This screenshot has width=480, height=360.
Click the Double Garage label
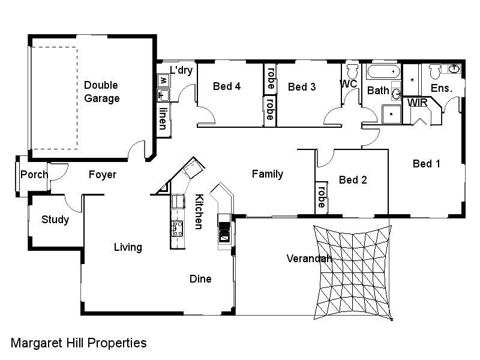[x=101, y=92]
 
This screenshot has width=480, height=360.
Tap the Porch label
[x=34, y=175]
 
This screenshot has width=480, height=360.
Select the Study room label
[x=55, y=220]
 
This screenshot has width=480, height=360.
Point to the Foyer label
[x=102, y=175]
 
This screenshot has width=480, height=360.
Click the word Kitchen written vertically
[x=198, y=212]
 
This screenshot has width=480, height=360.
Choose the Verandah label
[x=309, y=259]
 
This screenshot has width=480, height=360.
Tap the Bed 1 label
[x=426, y=163]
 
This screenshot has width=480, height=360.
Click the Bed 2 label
[x=353, y=179]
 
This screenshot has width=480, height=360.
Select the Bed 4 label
[x=227, y=86]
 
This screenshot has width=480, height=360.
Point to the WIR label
[x=418, y=103]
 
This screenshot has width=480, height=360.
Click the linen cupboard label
[x=163, y=118]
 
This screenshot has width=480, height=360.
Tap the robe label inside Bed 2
[x=322, y=197]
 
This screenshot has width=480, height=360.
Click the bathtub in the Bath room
[x=383, y=73]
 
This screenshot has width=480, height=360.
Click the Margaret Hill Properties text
[x=79, y=343]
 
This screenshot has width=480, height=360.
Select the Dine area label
[x=200, y=279]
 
